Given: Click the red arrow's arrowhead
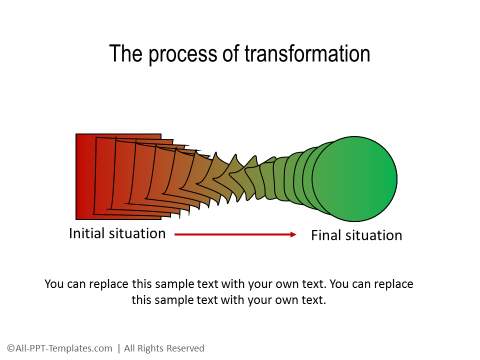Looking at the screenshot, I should point(293,235).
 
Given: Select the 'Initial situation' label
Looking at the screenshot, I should point(117,234).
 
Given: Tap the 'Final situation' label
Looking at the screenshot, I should point(356,236).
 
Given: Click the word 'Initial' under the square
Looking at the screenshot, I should point(88,234).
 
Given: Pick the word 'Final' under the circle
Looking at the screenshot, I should point(328,236).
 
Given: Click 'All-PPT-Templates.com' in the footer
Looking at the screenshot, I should point(63,348).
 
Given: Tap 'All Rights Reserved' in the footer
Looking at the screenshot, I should point(163,348).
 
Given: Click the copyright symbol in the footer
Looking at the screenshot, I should point(9,348).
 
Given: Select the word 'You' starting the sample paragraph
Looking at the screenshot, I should point(56,284).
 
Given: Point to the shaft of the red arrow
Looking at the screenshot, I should point(230,235).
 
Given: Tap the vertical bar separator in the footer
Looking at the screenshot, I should point(118,348).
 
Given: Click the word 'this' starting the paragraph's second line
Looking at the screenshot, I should point(143,299).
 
